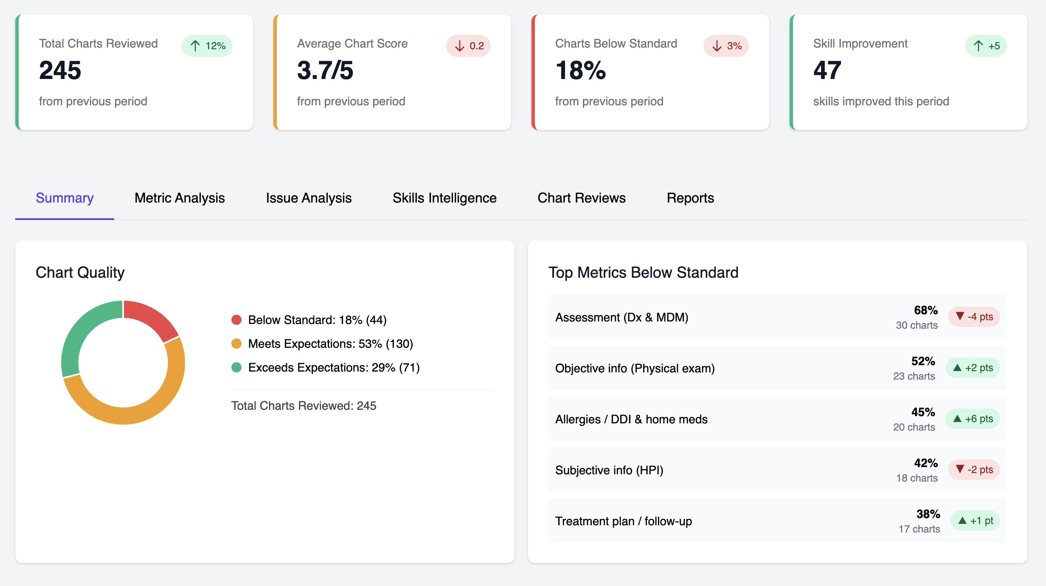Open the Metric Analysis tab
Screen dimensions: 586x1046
click(180, 198)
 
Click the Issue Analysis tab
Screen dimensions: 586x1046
click(309, 198)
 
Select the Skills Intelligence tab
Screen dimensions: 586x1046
click(444, 198)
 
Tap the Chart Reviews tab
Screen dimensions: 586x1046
click(582, 198)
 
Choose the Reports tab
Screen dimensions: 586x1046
click(690, 198)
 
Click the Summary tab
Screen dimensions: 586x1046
click(65, 198)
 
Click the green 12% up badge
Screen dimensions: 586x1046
click(207, 46)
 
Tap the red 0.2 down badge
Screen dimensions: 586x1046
click(468, 46)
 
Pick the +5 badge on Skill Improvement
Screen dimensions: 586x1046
click(986, 46)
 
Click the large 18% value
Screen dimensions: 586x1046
click(580, 70)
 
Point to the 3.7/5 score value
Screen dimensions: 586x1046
click(325, 70)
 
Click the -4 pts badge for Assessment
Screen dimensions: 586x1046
click(974, 317)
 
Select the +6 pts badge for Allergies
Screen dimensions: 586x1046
click(973, 419)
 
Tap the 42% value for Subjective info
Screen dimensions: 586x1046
click(925, 463)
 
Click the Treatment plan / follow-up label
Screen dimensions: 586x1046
click(623, 521)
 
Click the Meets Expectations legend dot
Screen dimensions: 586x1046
click(236, 344)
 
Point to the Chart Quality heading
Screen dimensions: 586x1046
click(80, 273)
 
